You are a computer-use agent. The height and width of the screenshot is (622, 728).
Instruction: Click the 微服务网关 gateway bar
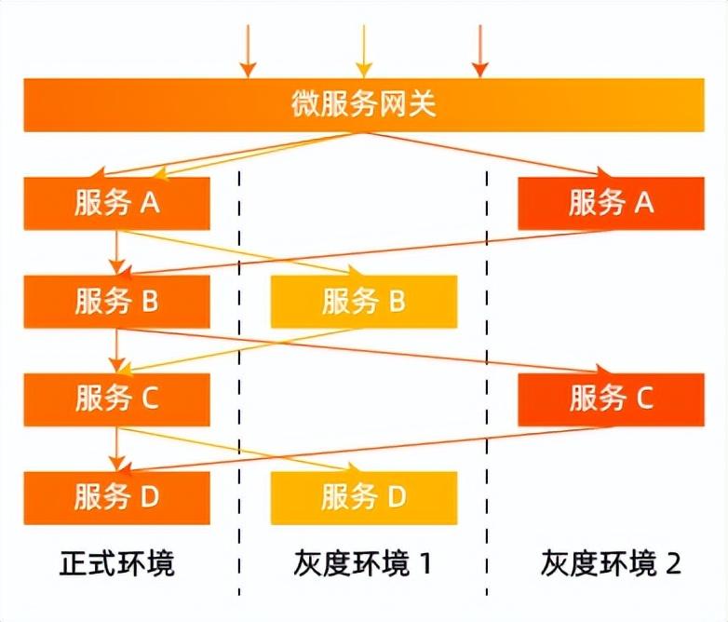click(x=363, y=104)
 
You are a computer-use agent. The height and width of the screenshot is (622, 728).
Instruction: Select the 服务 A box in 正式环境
click(x=117, y=203)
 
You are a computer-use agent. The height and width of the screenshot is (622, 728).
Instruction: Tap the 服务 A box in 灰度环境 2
click(x=611, y=203)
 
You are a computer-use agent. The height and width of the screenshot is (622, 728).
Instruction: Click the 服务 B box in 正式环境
click(x=117, y=302)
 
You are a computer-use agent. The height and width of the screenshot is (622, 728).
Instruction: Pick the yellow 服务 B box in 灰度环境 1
click(x=364, y=302)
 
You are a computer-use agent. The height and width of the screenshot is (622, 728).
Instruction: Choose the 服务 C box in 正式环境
click(x=117, y=399)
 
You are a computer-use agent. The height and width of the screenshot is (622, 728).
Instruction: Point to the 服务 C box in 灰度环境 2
click(x=611, y=399)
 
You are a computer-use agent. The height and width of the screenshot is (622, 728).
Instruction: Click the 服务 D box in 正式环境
click(x=117, y=498)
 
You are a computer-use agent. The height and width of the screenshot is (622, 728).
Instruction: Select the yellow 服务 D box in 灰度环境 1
click(x=364, y=498)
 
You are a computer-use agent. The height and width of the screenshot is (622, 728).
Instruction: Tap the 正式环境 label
click(x=117, y=563)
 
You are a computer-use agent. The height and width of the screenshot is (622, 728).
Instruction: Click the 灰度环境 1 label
click(x=364, y=563)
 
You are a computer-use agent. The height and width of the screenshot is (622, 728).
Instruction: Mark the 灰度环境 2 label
click(x=611, y=563)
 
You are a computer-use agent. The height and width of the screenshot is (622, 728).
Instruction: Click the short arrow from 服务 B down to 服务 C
click(x=117, y=349)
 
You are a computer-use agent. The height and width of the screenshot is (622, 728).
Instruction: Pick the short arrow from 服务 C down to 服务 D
click(x=117, y=448)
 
